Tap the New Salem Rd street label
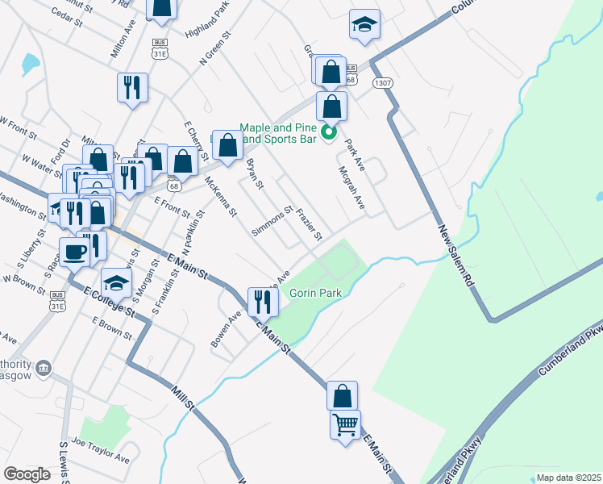tap(456, 257)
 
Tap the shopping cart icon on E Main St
tap(346, 423)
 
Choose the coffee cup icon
tap(76, 250)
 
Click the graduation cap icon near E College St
tap(116, 282)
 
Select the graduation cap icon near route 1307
tap(364, 24)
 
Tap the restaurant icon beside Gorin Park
tap(263, 301)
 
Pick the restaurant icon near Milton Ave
tap(132, 86)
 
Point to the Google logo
tap(27, 474)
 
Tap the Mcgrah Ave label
tap(352, 188)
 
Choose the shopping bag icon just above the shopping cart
tap(342, 396)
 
